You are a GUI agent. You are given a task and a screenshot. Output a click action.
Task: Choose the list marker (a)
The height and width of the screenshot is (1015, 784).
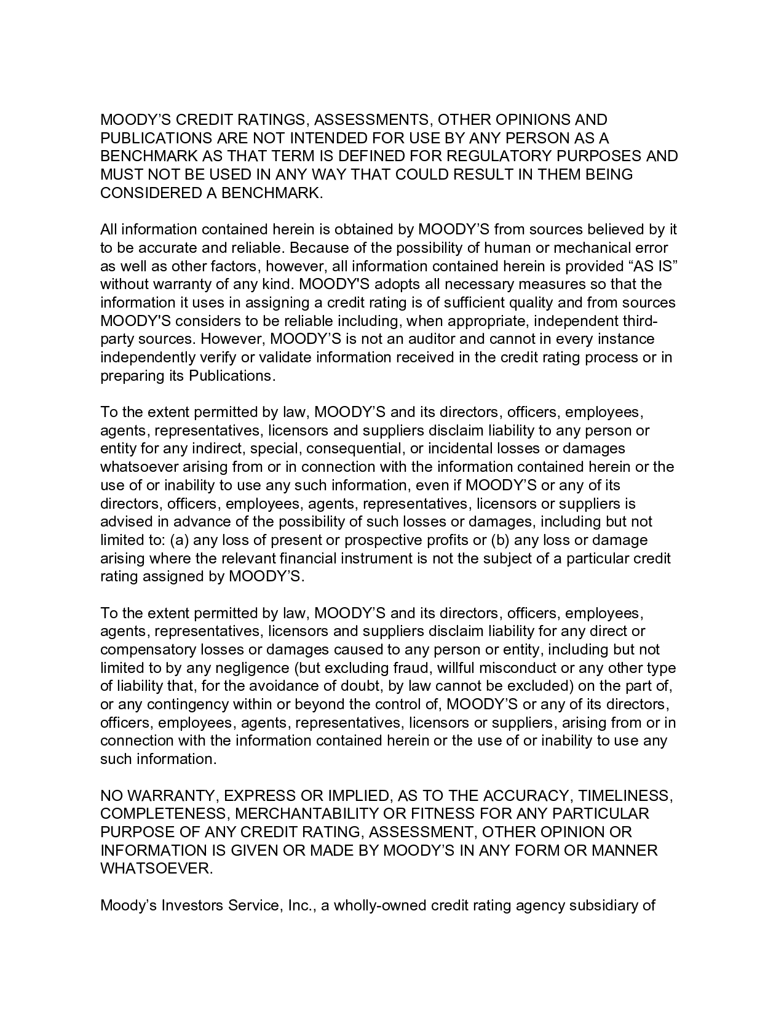point(158,540)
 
